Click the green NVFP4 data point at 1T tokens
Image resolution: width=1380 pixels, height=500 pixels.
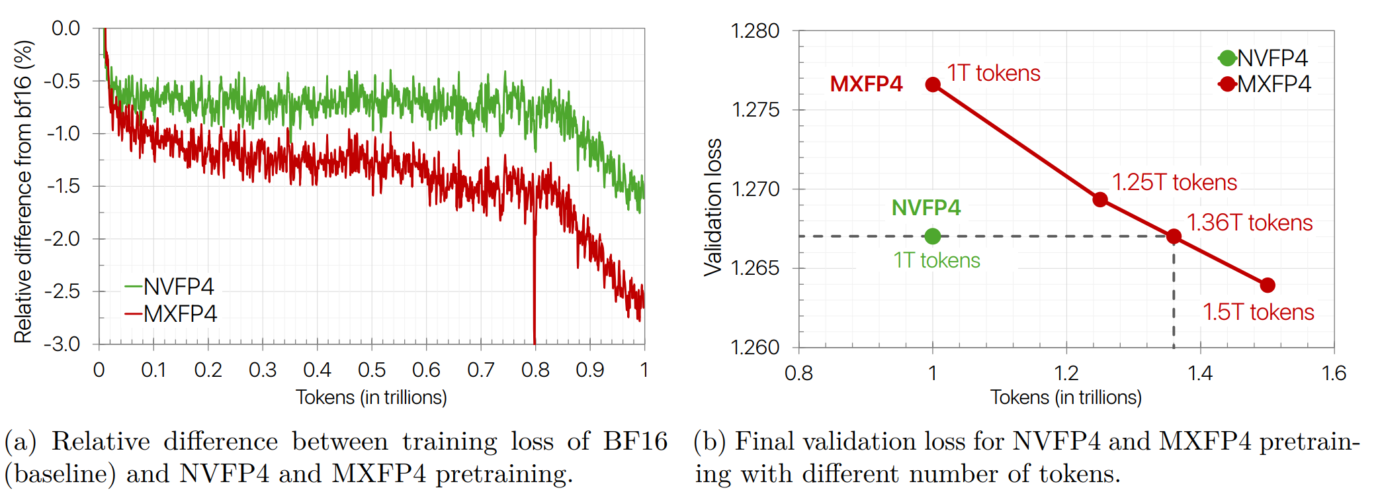tap(932, 236)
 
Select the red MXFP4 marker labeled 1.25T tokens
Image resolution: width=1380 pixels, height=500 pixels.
tap(1100, 199)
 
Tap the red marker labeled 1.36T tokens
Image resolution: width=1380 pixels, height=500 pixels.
tap(1174, 236)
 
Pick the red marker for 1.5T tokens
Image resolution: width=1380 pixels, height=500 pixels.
tap(1267, 285)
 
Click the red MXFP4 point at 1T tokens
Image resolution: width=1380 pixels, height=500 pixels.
tap(932, 84)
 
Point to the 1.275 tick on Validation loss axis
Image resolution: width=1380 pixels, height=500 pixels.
tap(755, 110)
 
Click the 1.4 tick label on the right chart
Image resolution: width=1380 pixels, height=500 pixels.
tap(1199, 373)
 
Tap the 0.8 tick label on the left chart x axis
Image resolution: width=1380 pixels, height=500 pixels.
tap(535, 370)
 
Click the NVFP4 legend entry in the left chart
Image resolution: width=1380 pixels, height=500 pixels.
tap(170, 287)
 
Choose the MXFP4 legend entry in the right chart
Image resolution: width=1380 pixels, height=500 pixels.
tap(1265, 84)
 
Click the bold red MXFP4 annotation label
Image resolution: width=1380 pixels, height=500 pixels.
tap(866, 84)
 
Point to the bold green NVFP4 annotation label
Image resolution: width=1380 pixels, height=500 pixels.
tap(926, 208)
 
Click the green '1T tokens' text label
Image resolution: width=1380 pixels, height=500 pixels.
tap(936, 260)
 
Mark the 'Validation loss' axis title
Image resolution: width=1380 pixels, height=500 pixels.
tap(713, 207)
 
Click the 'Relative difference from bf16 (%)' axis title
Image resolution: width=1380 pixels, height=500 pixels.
tap(23, 192)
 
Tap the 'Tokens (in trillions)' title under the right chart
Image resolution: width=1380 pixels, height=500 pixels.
tap(1065, 397)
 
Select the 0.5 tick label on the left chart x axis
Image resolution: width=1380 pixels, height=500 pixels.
tap(371, 370)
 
